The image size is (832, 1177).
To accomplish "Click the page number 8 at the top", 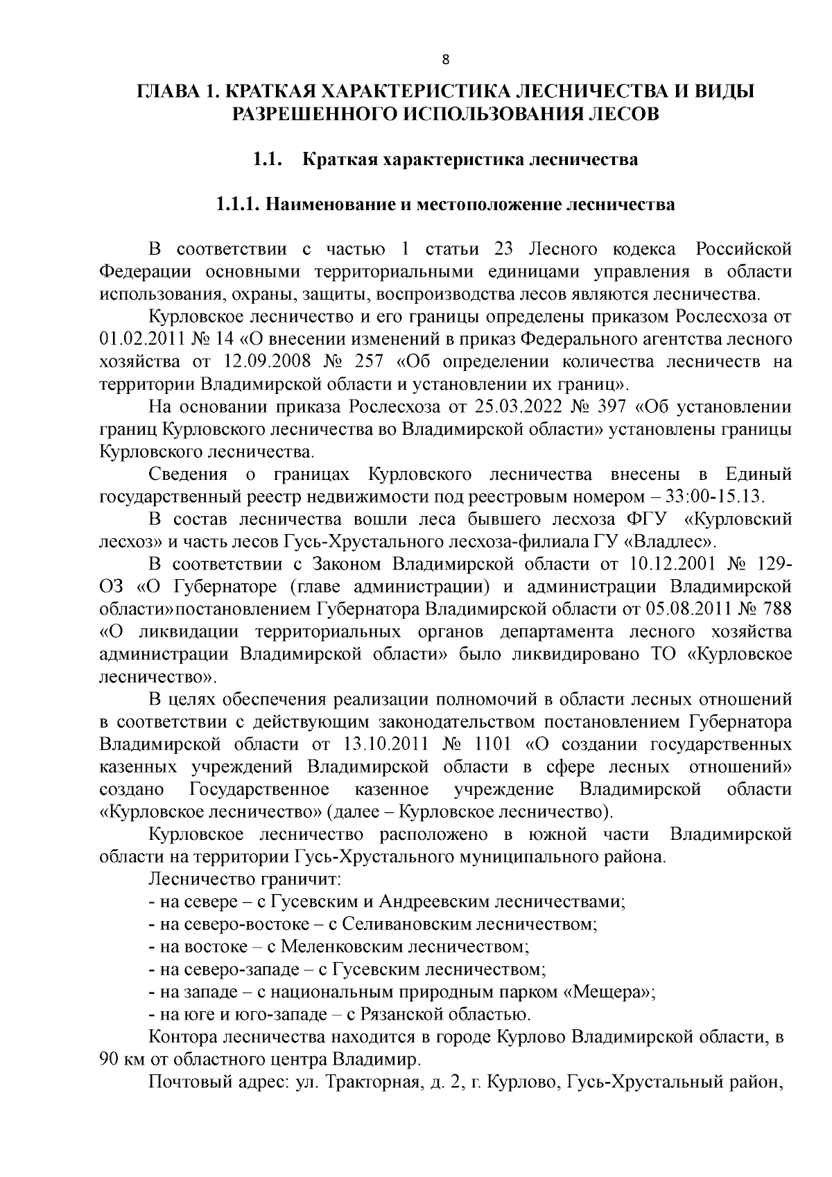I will [x=446, y=60].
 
